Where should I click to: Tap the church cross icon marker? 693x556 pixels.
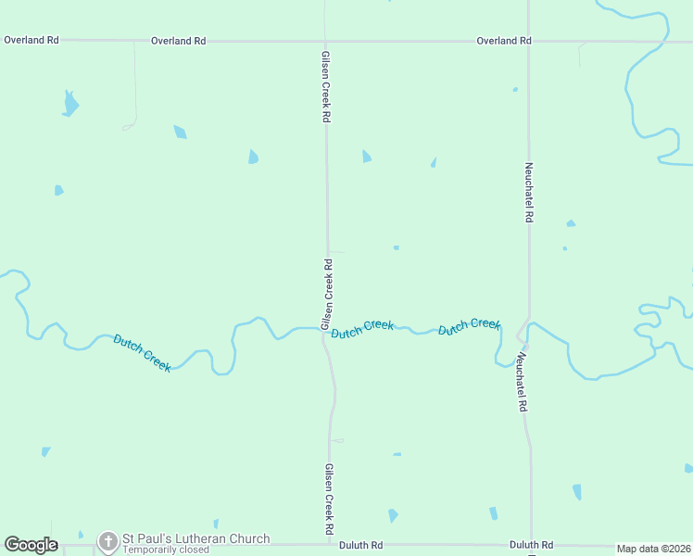pyautogui.click(x=108, y=541)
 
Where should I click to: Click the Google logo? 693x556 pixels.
pyautogui.click(x=31, y=545)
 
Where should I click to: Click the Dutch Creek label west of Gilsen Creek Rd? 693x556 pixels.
pyautogui.click(x=142, y=352)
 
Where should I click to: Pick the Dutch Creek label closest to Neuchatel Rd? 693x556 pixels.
pyautogui.click(x=470, y=326)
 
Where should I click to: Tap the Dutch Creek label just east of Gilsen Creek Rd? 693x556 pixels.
pyautogui.click(x=362, y=329)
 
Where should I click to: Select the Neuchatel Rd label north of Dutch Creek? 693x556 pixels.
pyautogui.click(x=529, y=192)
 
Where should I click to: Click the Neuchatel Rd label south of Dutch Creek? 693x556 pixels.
pyautogui.click(x=522, y=381)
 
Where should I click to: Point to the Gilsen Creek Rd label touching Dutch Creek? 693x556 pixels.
pyautogui.click(x=327, y=295)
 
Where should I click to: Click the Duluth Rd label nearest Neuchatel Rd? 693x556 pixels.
pyautogui.click(x=531, y=545)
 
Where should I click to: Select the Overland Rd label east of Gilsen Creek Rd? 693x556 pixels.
pyautogui.click(x=504, y=41)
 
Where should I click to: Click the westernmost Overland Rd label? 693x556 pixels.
pyautogui.click(x=31, y=41)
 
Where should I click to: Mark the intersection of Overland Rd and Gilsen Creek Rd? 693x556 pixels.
pyautogui.click(x=325, y=42)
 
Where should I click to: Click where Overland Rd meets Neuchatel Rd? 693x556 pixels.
pyautogui.click(x=528, y=42)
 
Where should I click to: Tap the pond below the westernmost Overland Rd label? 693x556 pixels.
pyautogui.click(x=69, y=103)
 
